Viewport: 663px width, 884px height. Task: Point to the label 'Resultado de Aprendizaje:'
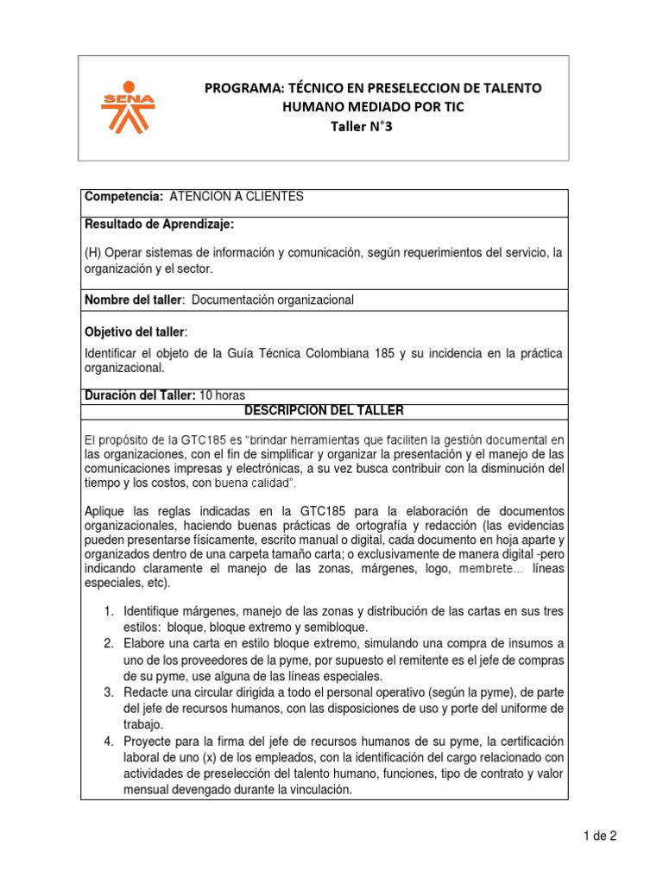[x=159, y=224]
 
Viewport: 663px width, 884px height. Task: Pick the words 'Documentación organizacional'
[x=272, y=300]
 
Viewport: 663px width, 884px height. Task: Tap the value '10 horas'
[x=223, y=396]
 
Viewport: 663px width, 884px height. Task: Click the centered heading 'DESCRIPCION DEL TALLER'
[x=324, y=410]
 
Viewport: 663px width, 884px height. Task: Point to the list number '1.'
[x=109, y=611]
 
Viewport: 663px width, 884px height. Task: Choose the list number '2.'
[x=109, y=644]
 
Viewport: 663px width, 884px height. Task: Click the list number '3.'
[x=109, y=692]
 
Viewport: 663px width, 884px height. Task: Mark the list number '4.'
[x=109, y=741]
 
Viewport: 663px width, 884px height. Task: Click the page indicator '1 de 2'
[x=598, y=836]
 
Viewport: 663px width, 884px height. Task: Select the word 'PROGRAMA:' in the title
[x=237, y=89]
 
